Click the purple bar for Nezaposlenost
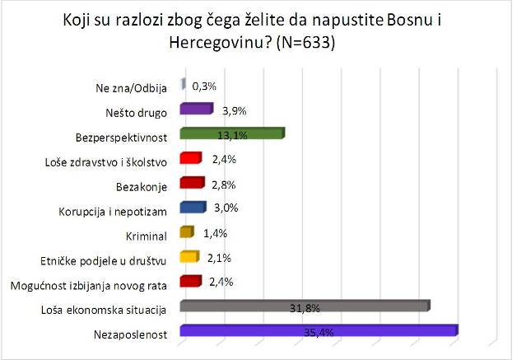click(x=318, y=332)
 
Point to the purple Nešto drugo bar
click(x=196, y=110)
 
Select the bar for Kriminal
click(x=185, y=234)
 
